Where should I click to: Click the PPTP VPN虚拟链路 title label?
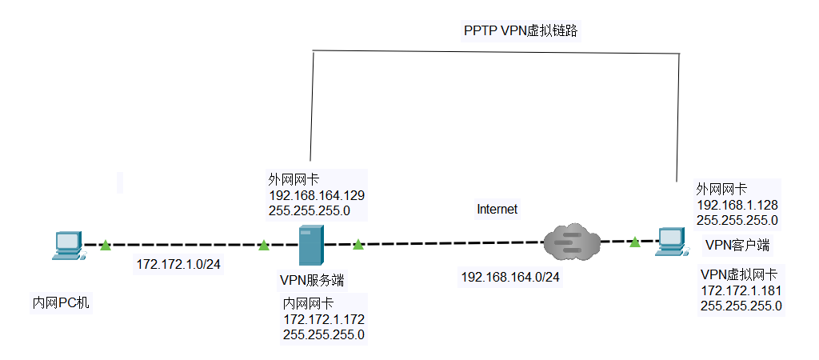[521, 31]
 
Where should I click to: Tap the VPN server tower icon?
[311, 245]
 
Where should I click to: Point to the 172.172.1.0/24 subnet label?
[178, 262]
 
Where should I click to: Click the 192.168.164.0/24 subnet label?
[510, 277]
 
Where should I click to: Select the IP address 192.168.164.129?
[317, 194]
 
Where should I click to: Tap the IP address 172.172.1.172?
[324, 319]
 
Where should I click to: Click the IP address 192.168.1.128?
[737, 204]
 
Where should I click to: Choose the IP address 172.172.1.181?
[741, 290]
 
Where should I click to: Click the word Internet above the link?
[497, 210]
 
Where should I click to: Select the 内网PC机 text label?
[61, 303]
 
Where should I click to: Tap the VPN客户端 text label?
[737, 244]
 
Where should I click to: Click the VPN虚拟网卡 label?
[743, 274]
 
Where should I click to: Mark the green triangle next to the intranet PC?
[106, 246]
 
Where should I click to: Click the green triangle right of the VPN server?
[358, 244]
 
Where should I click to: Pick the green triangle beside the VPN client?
[634, 241]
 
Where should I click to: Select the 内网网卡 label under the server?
[308, 304]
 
